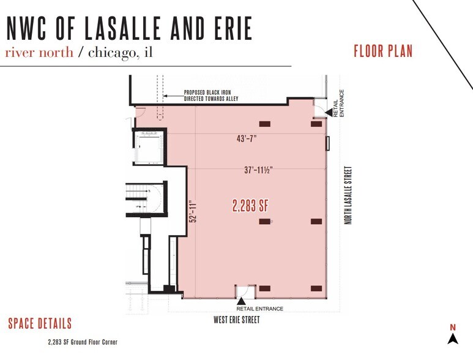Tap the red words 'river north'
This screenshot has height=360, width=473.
pyautogui.click(x=39, y=52)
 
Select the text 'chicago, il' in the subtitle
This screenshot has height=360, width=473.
pyautogui.click(x=119, y=52)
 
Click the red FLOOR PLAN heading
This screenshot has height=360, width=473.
pyautogui.click(x=383, y=51)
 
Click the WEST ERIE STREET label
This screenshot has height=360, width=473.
pyautogui.click(x=236, y=320)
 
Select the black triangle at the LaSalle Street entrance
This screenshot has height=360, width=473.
pyautogui.click(x=328, y=112)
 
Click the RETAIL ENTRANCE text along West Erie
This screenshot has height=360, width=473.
pyautogui.click(x=260, y=309)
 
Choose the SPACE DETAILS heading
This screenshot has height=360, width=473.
pyautogui.click(x=40, y=324)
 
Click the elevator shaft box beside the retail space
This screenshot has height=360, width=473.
pyautogui.click(x=147, y=147)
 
